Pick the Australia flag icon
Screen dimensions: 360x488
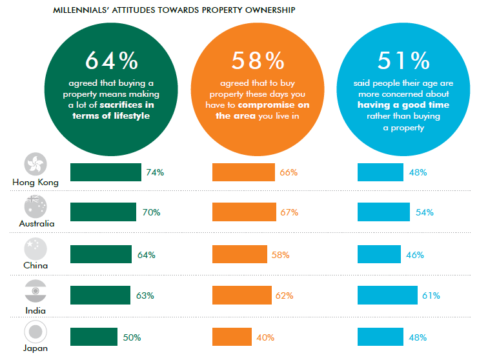point(35,206)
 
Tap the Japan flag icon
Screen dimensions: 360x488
point(35,332)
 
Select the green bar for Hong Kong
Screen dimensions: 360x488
point(105,172)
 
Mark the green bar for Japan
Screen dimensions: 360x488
point(94,337)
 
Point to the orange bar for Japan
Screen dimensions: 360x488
point(233,337)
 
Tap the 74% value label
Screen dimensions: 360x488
point(156,172)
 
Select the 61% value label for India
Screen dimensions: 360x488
point(431,295)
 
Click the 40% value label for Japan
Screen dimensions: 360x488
point(265,337)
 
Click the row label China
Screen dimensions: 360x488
point(35,265)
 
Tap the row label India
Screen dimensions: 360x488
point(35,310)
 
